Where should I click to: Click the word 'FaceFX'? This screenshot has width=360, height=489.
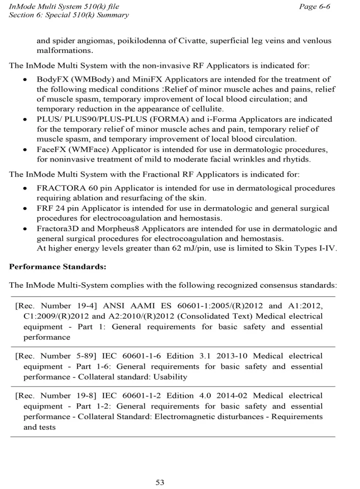pos(50,148)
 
